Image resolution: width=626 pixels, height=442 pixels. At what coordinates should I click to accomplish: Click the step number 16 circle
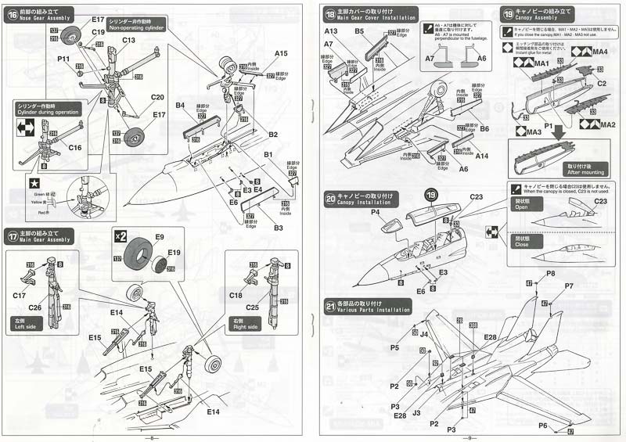13,15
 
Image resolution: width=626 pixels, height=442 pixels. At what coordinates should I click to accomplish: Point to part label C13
128,40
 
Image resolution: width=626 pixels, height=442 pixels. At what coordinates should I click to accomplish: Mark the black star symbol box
34,183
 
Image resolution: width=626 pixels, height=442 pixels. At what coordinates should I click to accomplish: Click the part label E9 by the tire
160,236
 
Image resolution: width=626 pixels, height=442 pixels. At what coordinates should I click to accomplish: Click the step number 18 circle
331,15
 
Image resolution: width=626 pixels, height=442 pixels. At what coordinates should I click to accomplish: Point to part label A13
332,31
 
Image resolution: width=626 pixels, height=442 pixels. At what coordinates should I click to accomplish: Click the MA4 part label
601,52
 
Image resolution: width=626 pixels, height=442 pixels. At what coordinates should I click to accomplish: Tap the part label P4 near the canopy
376,212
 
